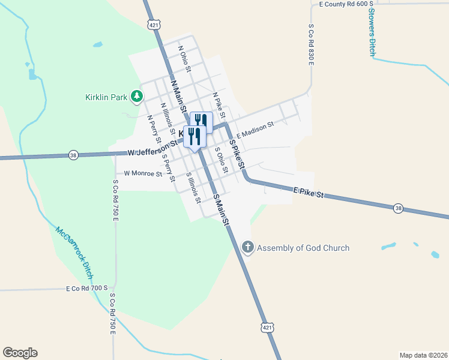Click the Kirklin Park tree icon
tap(137, 96)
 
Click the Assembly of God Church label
tap(303, 248)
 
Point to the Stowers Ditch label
tap(372, 32)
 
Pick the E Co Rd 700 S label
tap(86, 289)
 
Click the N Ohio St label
tap(184, 59)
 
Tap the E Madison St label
tap(255, 130)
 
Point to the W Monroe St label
tap(143, 174)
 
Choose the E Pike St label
tap(309, 193)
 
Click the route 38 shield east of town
tap(399, 208)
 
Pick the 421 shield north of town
tap(154, 25)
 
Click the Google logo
tap(20, 353)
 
